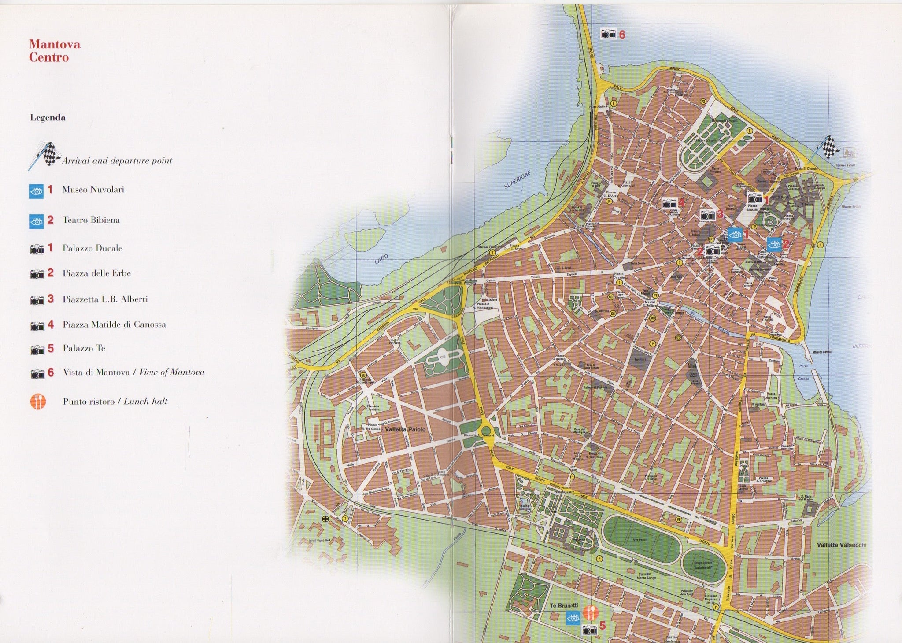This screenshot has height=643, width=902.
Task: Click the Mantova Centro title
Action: (54, 51)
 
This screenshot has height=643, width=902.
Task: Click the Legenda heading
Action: (48, 118)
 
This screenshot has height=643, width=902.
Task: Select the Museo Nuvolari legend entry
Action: (93, 190)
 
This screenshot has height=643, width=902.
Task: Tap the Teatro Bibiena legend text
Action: (91, 220)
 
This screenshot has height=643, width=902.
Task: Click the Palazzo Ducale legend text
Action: (92, 248)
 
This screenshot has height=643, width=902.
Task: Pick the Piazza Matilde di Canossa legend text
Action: (114, 325)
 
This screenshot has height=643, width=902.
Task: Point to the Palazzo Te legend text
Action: (84, 348)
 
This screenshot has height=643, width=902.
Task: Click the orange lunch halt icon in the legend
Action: (38, 401)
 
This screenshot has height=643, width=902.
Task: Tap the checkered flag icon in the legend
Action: (46, 154)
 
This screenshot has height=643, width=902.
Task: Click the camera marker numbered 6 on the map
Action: (609, 33)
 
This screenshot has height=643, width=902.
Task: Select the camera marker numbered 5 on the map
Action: (589, 629)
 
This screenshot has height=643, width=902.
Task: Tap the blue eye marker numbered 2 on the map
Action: (774, 244)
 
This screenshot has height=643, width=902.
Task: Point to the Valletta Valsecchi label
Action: (841, 545)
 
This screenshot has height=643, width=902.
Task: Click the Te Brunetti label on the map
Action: (564, 606)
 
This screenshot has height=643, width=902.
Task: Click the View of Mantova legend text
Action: (133, 372)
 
